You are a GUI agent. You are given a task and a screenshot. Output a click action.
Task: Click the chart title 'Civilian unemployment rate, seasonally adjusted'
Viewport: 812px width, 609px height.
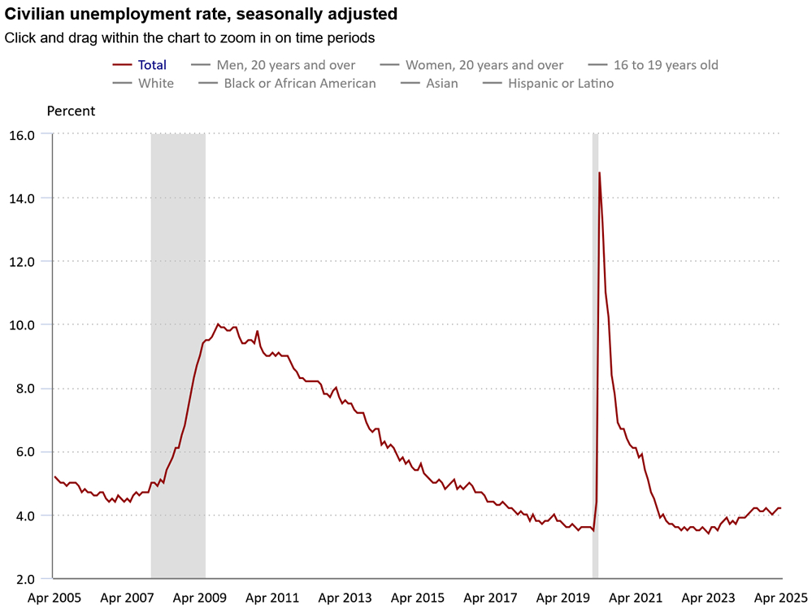pyautogui.click(x=201, y=14)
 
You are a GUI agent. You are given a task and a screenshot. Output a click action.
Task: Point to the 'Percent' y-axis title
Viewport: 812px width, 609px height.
pyautogui.click(x=71, y=111)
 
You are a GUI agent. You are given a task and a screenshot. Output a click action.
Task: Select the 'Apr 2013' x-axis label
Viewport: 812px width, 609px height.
pyautogui.click(x=345, y=598)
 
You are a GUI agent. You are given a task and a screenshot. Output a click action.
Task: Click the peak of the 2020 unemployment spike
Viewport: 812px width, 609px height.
pyautogui.click(x=599, y=172)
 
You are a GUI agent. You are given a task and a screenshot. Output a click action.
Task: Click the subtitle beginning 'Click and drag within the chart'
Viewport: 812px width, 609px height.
pyautogui.click(x=189, y=37)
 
